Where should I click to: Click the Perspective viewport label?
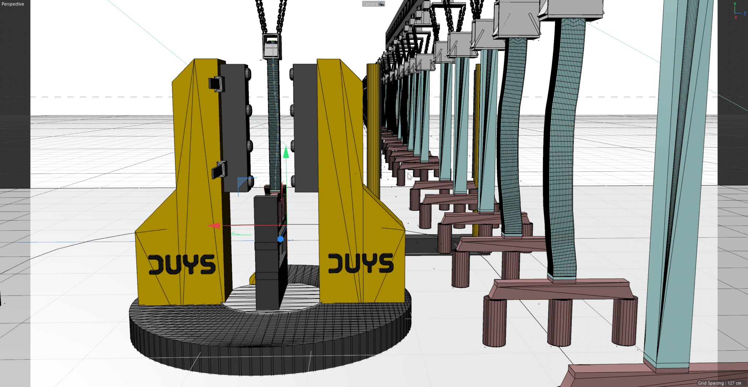(13, 4)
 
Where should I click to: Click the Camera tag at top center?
(373, 4)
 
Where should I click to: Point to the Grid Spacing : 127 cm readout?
(719, 383)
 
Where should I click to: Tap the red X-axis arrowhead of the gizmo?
(214, 225)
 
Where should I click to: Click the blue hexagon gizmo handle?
(280, 239)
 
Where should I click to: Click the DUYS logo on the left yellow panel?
(182, 264)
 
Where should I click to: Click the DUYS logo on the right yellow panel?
(361, 263)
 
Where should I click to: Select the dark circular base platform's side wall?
(270, 351)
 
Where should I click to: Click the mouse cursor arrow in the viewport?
(409, 177)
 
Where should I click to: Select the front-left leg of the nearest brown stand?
(494, 322)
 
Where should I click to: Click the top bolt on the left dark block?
(248, 73)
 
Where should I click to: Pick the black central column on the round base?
(267, 252)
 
